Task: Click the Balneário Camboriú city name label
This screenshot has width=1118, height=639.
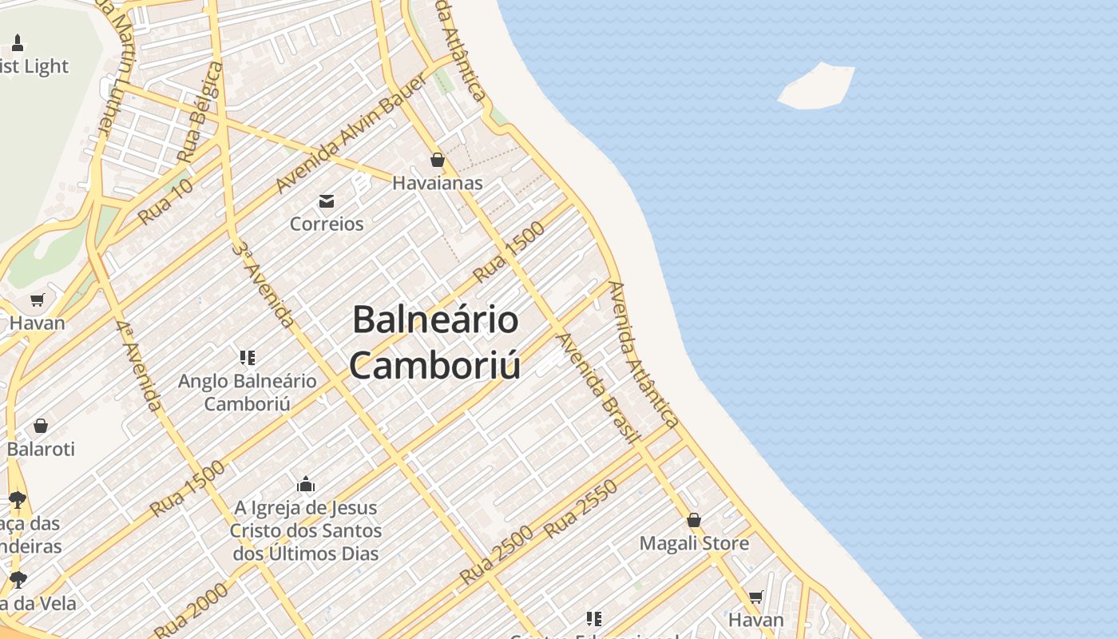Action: pyautogui.click(x=435, y=343)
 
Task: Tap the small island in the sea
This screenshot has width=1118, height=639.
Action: pyautogui.click(x=817, y=85)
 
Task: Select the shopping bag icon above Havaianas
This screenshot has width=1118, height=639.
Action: pyautogui.click(x=437, y=160)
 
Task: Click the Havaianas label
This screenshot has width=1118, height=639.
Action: pyautogui.click(x=437, y=183)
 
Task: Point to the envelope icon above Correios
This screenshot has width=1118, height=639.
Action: pyautogui.click(x=327, y=200)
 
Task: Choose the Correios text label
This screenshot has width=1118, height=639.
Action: pyautogui.click(x=327, y=224)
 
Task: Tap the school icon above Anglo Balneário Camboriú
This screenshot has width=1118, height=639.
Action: pyautogui.click(x=248, y=357)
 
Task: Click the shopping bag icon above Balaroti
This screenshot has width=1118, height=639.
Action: pyautogui.click(x=41, y=426)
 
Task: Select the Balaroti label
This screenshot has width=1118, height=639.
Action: pyautogui.click(x=41, y=449)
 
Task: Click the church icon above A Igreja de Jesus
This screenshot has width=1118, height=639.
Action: pyautogui.click(x=306, y=484)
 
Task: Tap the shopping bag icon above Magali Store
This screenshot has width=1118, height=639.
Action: pyautogui.click(x=694, y=520)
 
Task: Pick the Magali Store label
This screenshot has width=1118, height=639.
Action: pyautogui.click(x=694, y=544)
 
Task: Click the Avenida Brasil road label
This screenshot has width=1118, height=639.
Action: pyautogui.click(x=598, y=388)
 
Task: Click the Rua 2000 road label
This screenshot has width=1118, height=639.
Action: pyautogui.click(x=191, y=610)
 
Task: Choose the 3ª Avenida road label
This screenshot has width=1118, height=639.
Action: pyautogui.click(x=263, y=284)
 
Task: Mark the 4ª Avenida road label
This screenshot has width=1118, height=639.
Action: pyautogui.click(x=139, y=366)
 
